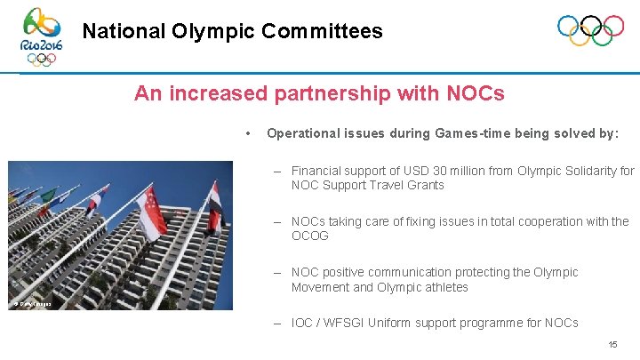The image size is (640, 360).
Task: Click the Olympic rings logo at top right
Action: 590,31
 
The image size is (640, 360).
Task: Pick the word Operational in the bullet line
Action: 303,133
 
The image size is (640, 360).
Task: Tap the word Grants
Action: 425,185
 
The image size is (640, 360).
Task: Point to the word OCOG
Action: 310,236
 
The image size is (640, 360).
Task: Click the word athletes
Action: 444,287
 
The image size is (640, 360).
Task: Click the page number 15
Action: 612,344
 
